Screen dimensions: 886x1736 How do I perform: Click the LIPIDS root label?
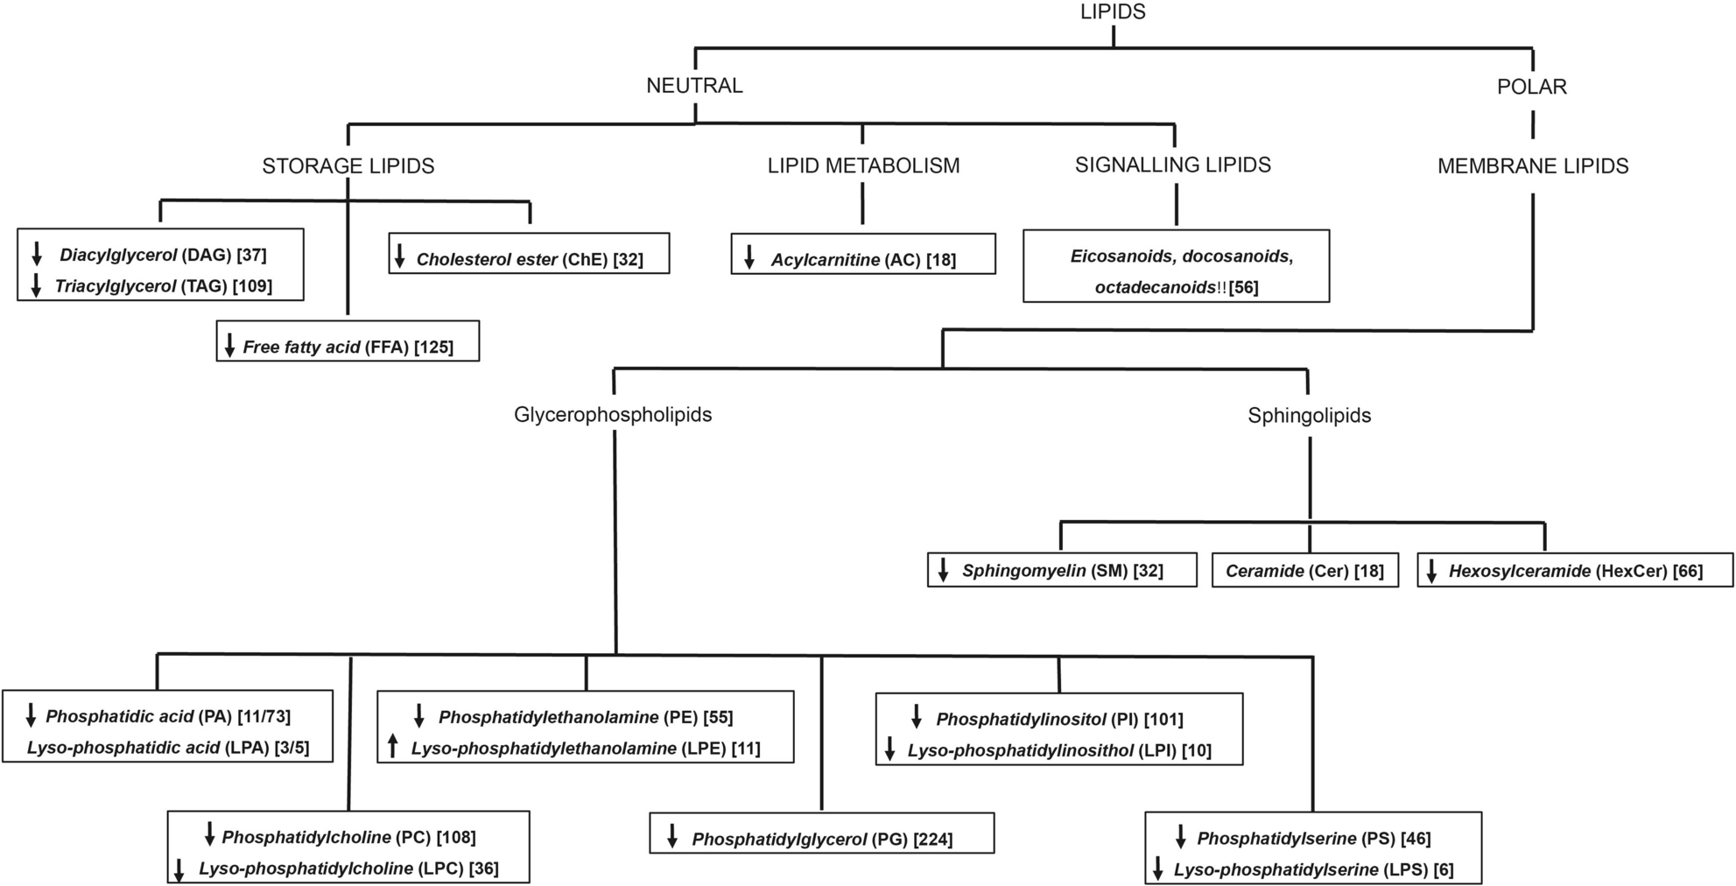coord(1113,11)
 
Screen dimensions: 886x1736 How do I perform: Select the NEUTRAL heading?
coord(694,86)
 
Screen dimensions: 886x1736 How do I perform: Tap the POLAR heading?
coord(1531,87)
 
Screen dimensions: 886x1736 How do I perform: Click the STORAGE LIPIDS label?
coord(348,166)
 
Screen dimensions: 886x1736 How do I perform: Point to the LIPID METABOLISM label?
coord(863,166)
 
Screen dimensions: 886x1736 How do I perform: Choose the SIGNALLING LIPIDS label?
coord(1172,165)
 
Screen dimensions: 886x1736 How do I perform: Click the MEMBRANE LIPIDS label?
coord(1532,166)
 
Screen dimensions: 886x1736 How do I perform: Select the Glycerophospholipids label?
coord(612,415)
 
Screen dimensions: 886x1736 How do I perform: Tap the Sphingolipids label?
coord(1309,416)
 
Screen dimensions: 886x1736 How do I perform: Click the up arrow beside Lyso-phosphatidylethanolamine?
coord(393,747)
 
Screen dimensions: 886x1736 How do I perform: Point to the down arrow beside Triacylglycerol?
coord(37,286)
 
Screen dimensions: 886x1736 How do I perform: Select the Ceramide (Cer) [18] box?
coord(1304,571)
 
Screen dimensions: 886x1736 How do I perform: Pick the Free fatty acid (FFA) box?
coord(348,341)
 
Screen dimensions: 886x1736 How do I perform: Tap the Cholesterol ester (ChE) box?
coord(529,254)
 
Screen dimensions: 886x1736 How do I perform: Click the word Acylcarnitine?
coord(825,260)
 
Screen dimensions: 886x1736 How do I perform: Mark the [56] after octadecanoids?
coord(1243,288)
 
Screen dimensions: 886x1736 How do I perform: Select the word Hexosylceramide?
coord(1519,572)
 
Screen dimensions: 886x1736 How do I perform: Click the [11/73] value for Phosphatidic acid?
coord(263,717)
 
